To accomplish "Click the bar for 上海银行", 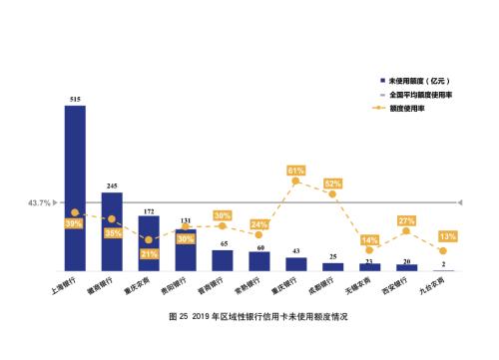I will pos(75,187).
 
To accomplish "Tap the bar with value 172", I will pos(149,243).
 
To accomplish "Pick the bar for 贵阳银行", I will pos(186,250).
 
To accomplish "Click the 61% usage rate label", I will pos(296,171).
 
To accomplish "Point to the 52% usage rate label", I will pos(333,183).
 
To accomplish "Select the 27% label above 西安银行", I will pos(406,220).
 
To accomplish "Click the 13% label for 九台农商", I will pos(446,236).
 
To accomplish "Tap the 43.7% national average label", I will pos(39,203).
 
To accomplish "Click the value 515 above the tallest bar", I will pos(75,99).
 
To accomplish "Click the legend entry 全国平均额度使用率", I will pos(424,93).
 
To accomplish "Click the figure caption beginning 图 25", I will pos(249,316).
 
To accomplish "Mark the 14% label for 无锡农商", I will pos(369,240).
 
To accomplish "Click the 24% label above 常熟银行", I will pos(259,224).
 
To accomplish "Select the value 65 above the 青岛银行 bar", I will pos(223,244).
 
